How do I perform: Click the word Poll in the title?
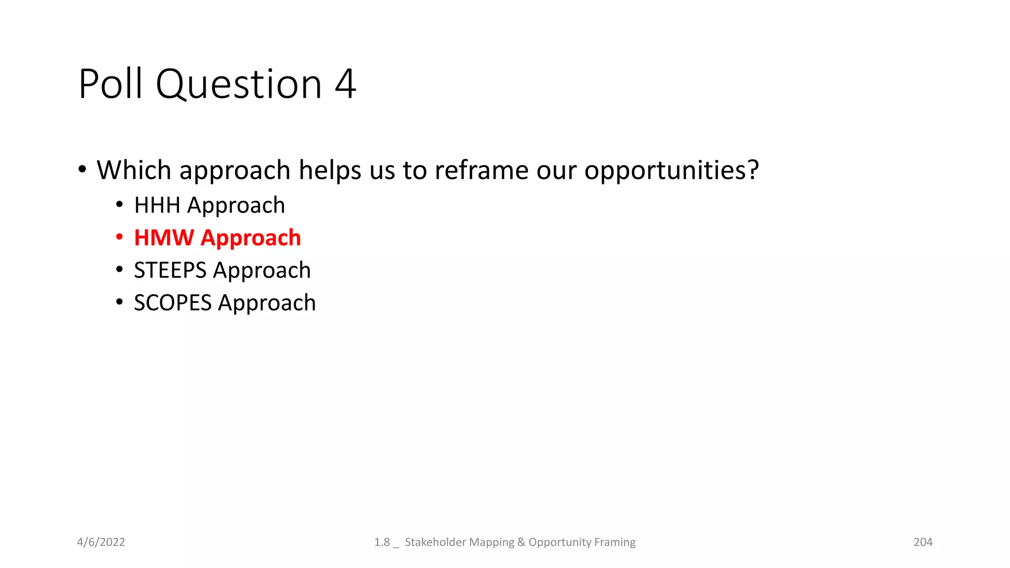(110, 84)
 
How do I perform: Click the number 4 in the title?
(345, 84)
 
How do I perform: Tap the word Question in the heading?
(239, 85)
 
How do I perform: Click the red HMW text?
(164, 238)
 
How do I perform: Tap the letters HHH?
(157, 205)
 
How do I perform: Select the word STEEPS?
(170, 270)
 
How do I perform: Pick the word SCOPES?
(173, 303)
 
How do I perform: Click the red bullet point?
(119, 237)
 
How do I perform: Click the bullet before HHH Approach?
(119, 205)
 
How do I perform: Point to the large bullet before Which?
(82, 170)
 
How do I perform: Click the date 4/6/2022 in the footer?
(101, 542)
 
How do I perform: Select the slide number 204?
(923, 542)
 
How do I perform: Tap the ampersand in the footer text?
(521, 542)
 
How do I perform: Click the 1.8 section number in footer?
(382, 542)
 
